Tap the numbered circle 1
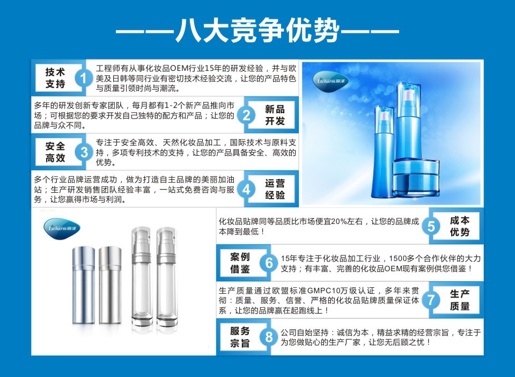point(84,78)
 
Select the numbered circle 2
point(246,115)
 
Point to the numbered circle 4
point(246,190)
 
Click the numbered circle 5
point(431,226)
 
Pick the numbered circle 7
point(431,300)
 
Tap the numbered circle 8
point(269,337)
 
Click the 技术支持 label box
point(55,78)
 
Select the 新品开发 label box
point(275,115)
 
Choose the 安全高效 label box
point(55,152)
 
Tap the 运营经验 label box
point(275,190)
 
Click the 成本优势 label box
point(460,226)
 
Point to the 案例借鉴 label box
point(240,263)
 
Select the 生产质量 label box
point(460,300)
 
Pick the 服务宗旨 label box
point(240,337)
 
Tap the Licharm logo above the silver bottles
point(62,229)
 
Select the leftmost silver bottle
point(84,285)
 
